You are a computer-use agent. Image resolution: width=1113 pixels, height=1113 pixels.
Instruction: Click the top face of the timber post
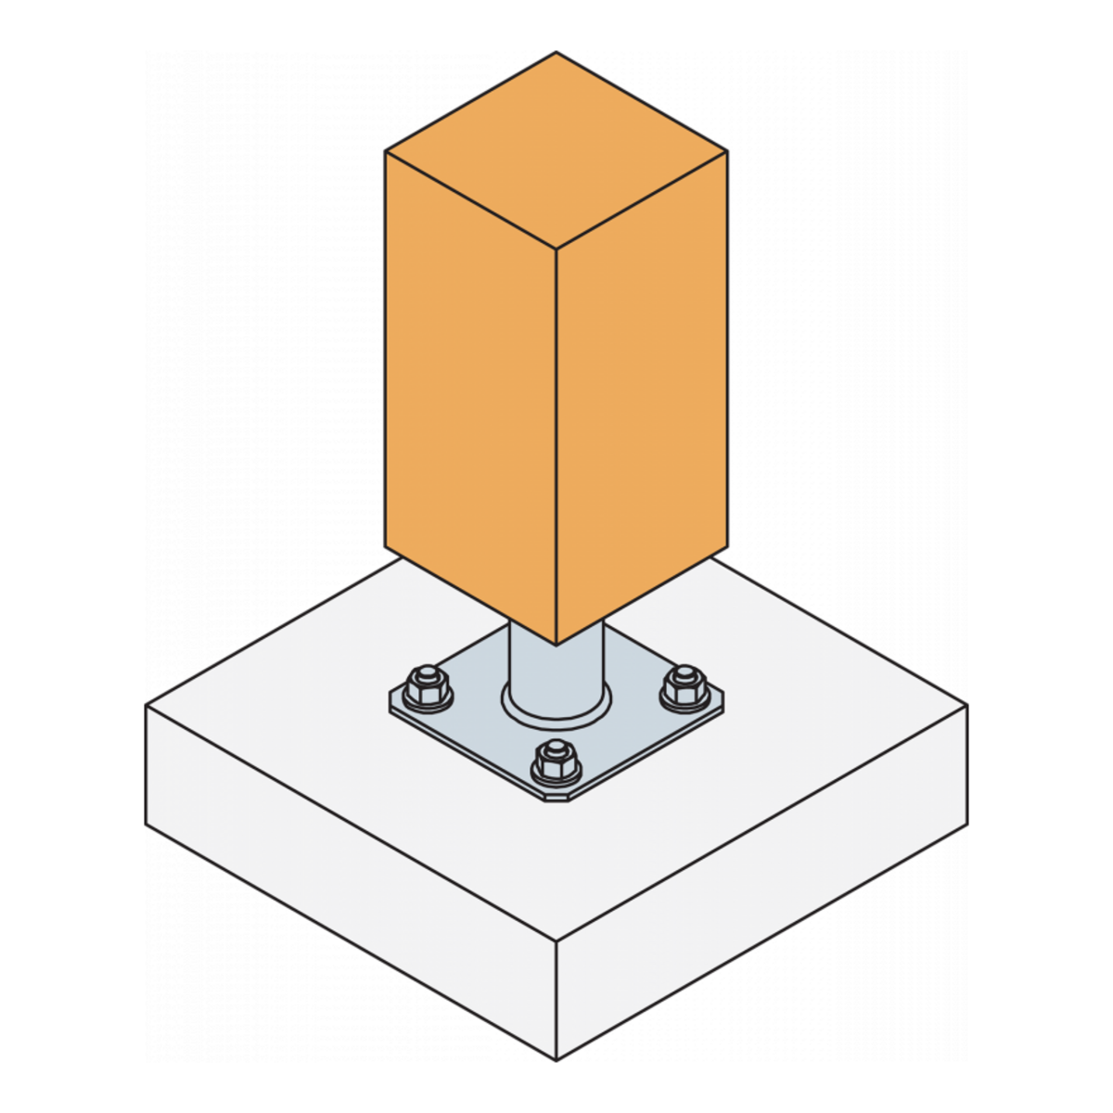pos(556,150)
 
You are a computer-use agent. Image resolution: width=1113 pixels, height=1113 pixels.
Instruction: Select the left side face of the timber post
pos(470,399)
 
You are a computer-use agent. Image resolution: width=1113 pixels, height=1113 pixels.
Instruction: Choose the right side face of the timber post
pos(642,399)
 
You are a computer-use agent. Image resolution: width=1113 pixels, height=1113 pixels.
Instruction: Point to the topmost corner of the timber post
pos(556,53)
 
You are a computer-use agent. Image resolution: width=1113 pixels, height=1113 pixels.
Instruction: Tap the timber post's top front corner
pos(556,249)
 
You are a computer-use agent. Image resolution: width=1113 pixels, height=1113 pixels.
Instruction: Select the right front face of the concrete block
pos(761,881)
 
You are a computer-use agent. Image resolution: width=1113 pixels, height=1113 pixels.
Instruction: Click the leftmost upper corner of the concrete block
pos(147,707)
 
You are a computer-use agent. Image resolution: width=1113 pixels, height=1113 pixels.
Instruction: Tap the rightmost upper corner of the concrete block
pos(966,707)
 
